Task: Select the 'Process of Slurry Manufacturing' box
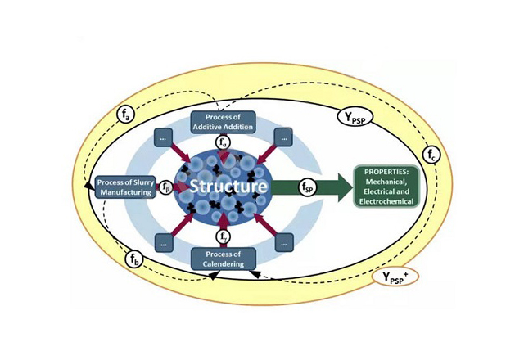[124, 187]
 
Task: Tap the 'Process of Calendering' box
[224, 259]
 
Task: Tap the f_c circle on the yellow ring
[432, 154]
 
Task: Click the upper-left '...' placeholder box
[165, 138]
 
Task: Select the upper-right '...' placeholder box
[283, 138]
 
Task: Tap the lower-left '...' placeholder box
[165, 242]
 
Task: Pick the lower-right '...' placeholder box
[283, 242]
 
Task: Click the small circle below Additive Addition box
[224, 142]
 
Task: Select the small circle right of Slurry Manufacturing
[167, 187]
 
